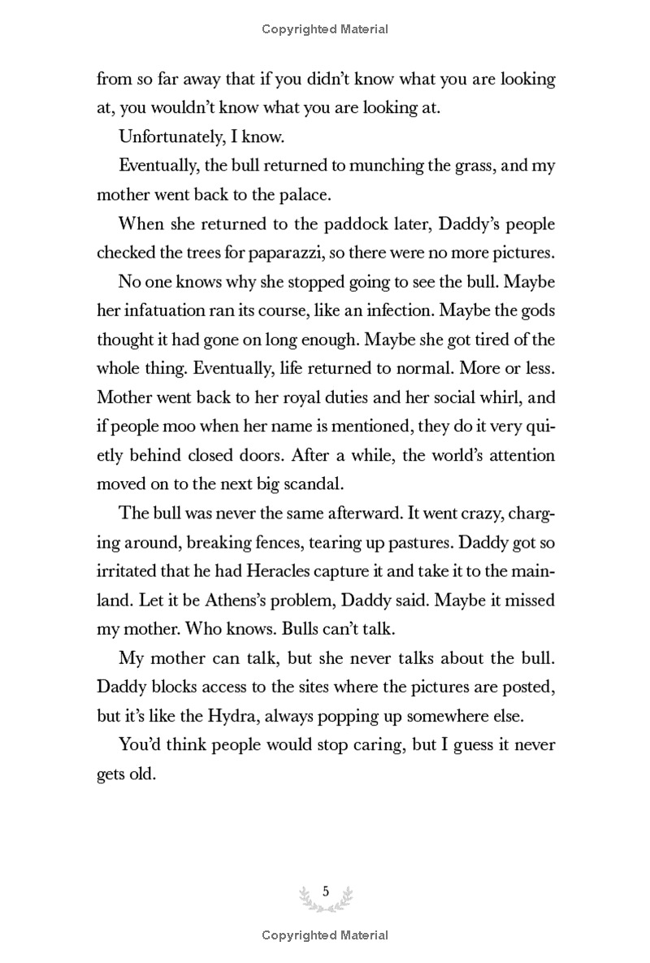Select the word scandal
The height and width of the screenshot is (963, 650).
[x=286, y=484]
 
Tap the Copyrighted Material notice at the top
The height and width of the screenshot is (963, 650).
[x=325, y=29]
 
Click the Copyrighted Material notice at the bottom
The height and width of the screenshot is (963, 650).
[x=325, y=935]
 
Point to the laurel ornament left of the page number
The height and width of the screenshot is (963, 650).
[x=307, y=896]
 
